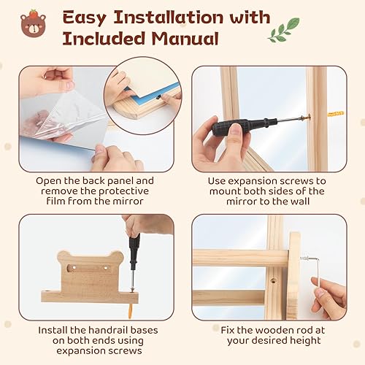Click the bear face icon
point(32,26)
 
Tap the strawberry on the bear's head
point(32,13)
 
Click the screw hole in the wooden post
point(273,281)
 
